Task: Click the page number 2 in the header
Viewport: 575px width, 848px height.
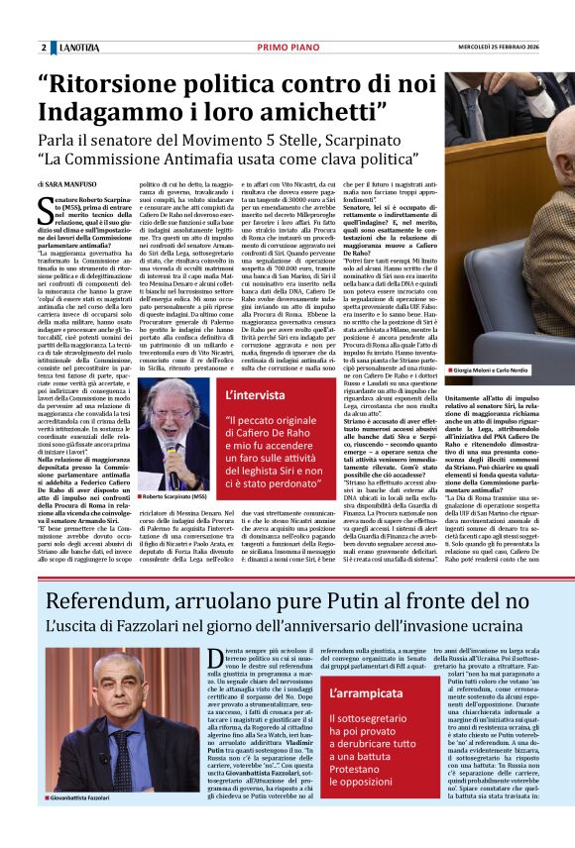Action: tap(44, 48)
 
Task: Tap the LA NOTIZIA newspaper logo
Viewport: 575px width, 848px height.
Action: tap(78, 48)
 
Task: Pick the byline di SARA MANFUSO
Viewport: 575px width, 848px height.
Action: tap(69, 184)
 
